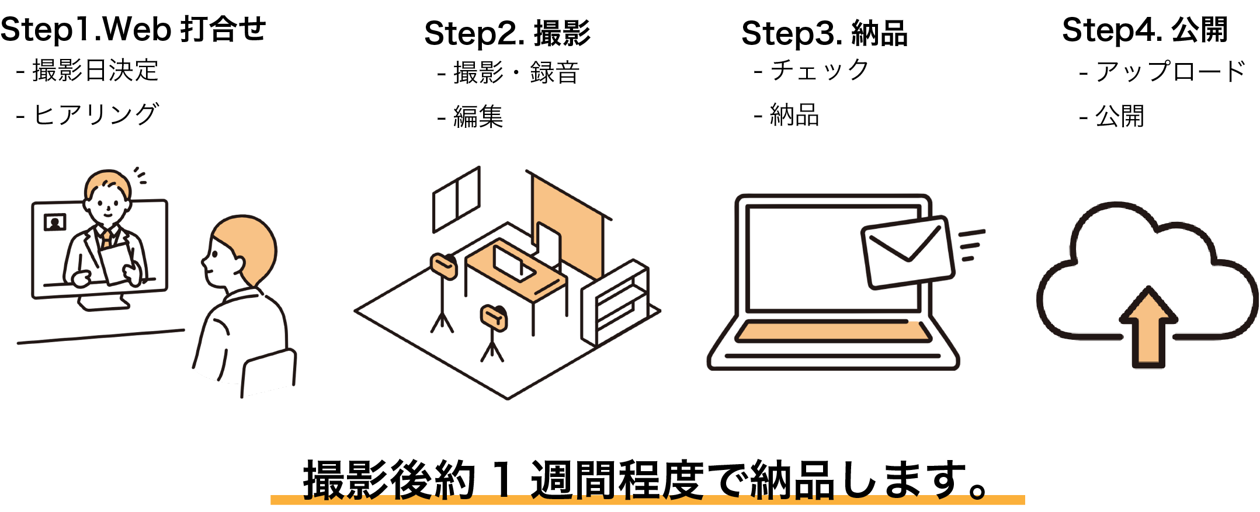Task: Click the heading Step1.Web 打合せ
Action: (x=133, y=29)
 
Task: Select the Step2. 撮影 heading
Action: (x=507, y=33)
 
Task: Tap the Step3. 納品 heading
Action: (x=824, y=33)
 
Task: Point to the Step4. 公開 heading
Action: (x=1144, y=30)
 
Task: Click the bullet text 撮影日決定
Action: (x=95, y=71)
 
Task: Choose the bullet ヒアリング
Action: (x=95, y=114)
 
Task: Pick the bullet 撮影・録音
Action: (x=516, y=73)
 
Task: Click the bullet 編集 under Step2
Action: (x=478, y=117)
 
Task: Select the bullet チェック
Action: (x=819, y=71)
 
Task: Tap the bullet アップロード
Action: (x=1170, y=72)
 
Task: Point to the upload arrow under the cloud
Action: (x=1148, y=327)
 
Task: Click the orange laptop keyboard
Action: (x=832, y=332)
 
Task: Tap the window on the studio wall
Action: (x=456, y=200)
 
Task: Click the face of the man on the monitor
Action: (x=107, y=206)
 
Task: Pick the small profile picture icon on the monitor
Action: (x=55, y=222)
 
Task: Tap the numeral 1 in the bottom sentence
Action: (x=502, y=480)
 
